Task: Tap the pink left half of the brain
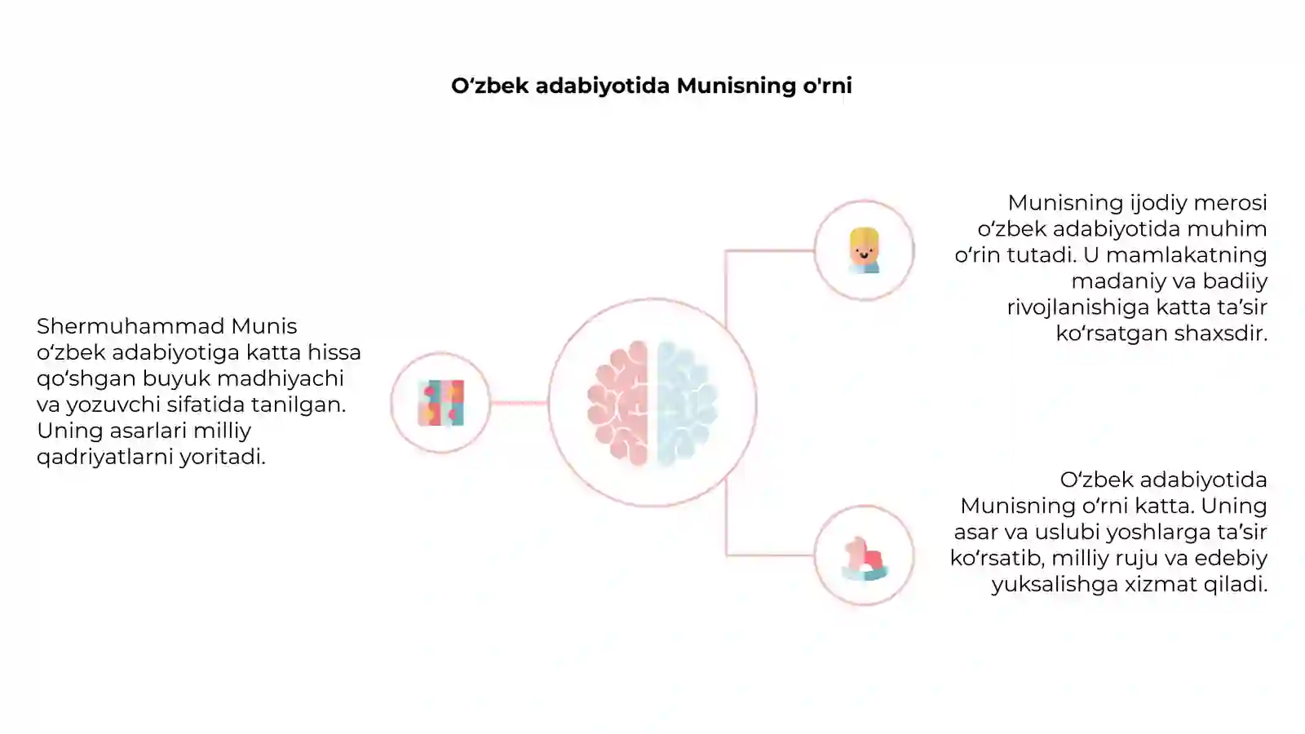[x=618, y=403]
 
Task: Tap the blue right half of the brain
[x=687, y=403]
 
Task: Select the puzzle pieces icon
[x=441, y=403]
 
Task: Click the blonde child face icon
[x=864, y=250]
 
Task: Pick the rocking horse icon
[x=865, y=559]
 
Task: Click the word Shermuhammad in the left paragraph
[x=130, y=326]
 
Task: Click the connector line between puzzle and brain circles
[x=519, y=403]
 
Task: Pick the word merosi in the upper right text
[x=1231, y=203]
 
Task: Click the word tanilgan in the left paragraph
[x=299, y=405]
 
